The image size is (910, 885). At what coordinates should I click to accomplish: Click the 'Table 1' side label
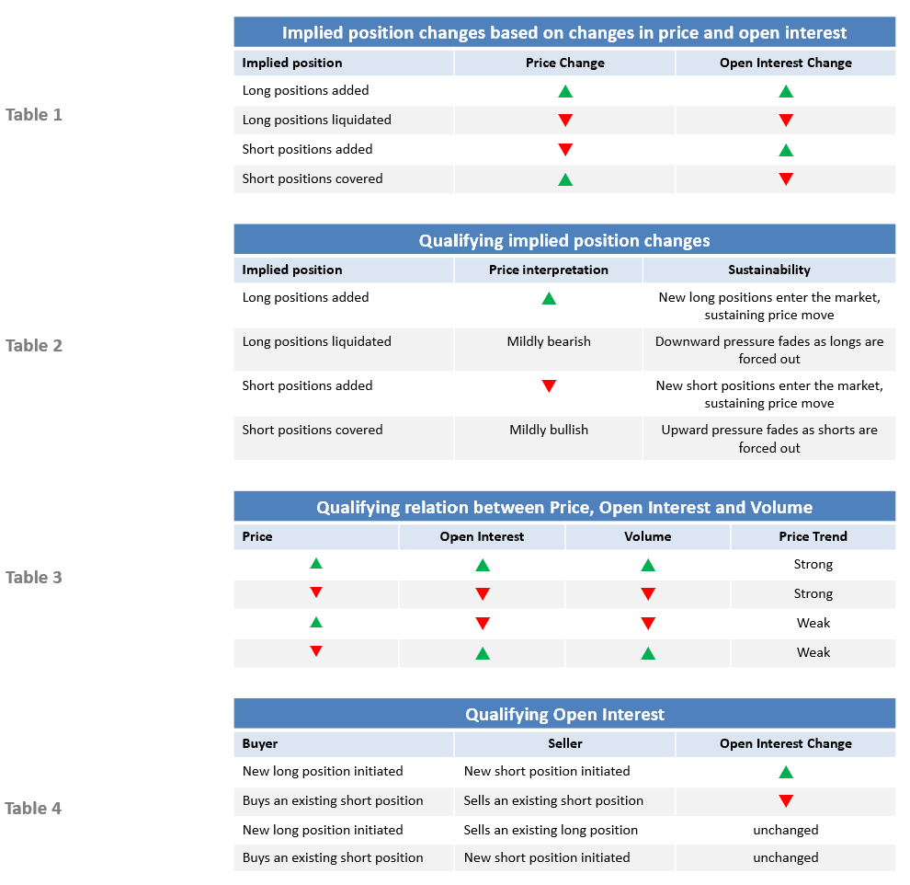(34, 115)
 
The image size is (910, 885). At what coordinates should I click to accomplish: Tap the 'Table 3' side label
(34, 578)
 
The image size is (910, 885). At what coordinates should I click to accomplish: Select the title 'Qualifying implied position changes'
(564, 240)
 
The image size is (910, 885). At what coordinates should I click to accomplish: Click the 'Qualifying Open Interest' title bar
(564, 714)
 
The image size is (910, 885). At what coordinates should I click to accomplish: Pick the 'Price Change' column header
(565, 63)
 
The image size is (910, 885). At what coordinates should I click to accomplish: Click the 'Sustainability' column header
(769, 270)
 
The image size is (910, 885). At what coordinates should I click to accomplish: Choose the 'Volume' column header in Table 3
(648, 536)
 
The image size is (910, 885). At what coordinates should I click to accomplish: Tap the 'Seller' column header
(565, 743)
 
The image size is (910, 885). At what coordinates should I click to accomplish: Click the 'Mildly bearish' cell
(549, 341)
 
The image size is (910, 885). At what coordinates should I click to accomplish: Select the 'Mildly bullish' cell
(549, 430)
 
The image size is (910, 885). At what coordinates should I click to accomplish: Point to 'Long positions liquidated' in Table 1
(317, 120)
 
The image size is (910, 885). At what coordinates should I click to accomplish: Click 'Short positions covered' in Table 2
(313, 430)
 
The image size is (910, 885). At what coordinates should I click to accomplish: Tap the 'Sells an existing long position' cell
(551, 830)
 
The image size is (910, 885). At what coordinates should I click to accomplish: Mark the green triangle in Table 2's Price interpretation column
(549, 298)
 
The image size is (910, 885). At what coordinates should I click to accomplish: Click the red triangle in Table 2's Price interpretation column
(549, 386)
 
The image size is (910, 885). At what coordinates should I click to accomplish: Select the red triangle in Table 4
(786, 800)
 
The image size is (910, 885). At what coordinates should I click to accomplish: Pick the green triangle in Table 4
(786, 772)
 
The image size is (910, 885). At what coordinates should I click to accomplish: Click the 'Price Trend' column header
(813, 536)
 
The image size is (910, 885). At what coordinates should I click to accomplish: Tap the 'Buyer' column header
(260, 743)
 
